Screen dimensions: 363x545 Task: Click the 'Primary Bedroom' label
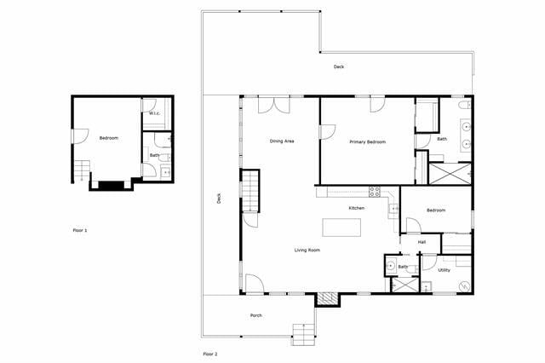pyautogui.click(x=369, y=141)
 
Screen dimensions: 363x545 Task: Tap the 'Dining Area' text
pyautogui.click(x=282, y=141)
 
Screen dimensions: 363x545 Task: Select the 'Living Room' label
pyautogui.click(x=307, y=250)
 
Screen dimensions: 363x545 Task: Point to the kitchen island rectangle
pyautogui.click(x=341, y=228)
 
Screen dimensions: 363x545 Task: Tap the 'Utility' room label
pyautogui.click(x=445, y=270)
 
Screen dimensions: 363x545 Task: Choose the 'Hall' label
pyautogui.click(x=422, y=242)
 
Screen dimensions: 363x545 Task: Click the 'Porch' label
pyautogui.click(x=255, y=315)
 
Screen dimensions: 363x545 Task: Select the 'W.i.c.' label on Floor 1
pyautogui.click(x=155, y=113)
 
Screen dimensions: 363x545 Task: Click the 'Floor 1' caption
pyautogui.click(x=80, y=230)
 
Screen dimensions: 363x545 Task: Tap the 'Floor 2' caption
pyautogui.click(x=209, y=353)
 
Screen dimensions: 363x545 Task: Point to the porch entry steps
pyautogui.click(x=303, y=333)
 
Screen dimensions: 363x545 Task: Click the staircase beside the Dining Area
pyautogui.click(x=250, y=191)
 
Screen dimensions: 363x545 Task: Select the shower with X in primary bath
pyautogui.click(x=449, y=173)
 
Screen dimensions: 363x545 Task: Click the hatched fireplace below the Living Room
pyautogui.click(x=327, y=299)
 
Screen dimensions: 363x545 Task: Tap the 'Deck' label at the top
pyautogui.click(x=339, y=66)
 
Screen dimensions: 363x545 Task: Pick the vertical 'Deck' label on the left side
pyautogui.click(x=219, y=199)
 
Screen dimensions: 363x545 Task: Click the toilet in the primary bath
pyautogui.click(x=463, y=106)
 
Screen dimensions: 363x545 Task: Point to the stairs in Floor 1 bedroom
pyautogui.click(x=82, y=170)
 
